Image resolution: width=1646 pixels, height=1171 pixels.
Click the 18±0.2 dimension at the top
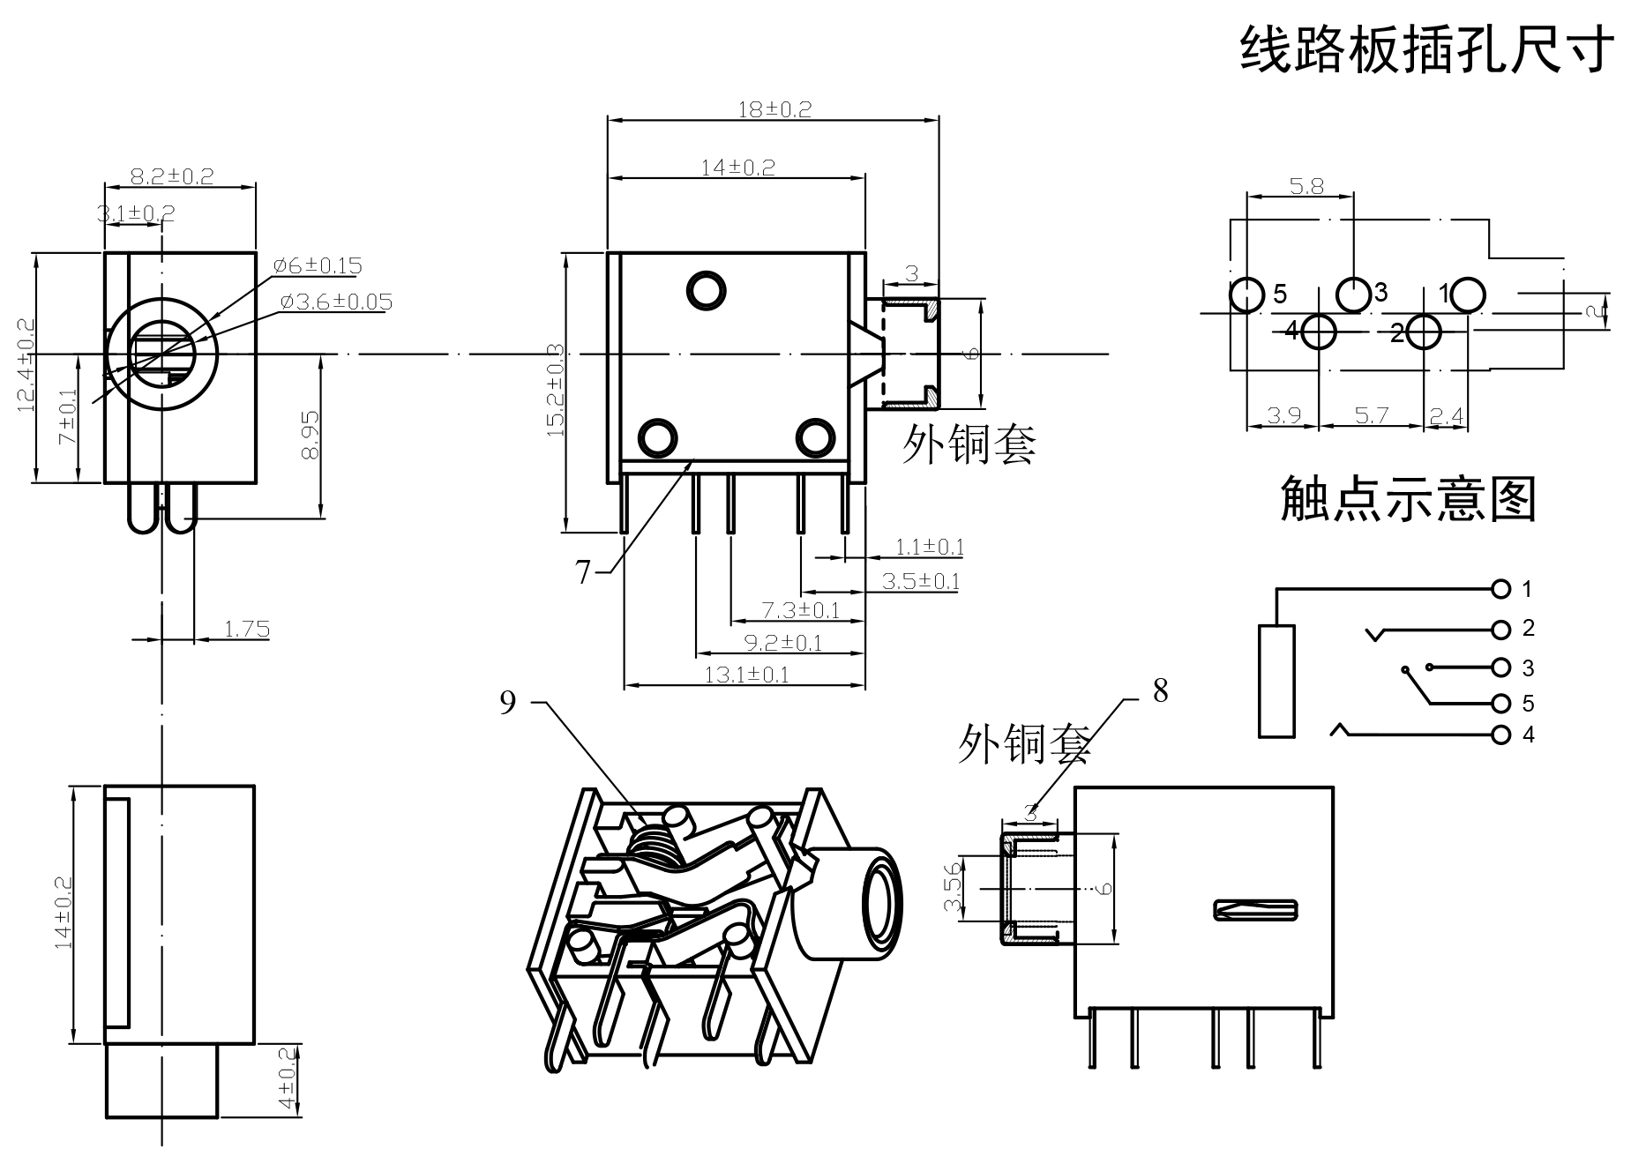coord(774,109)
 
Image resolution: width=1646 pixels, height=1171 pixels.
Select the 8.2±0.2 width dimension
coord(172,176)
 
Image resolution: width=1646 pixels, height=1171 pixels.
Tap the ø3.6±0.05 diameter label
coord(336,302)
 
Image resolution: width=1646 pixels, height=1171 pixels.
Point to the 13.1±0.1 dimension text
coord(746,675)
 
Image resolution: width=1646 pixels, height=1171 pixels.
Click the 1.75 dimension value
coord(247,629)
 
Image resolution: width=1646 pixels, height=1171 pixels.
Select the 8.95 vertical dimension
coord(310,435)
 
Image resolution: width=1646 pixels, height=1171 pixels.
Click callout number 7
coord(582,573)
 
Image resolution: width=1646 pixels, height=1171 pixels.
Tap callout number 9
coord(507,703)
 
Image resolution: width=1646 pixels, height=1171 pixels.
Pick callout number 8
coord(1161,691)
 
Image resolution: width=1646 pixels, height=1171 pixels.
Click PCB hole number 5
coord(1246,295)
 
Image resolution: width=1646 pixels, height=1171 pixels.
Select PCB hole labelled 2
coord(1424,332)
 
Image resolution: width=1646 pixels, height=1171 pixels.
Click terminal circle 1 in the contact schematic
coord(1500,588)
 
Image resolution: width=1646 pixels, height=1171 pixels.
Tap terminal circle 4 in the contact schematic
coord(1500,735)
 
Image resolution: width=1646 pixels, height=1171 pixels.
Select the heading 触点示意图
coord(1408,499)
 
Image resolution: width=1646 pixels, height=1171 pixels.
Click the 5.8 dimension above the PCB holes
coord(1306,186)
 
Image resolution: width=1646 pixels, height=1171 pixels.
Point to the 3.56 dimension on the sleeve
coord(952,889)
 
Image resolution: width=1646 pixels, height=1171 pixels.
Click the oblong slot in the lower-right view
coord(1257,910)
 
